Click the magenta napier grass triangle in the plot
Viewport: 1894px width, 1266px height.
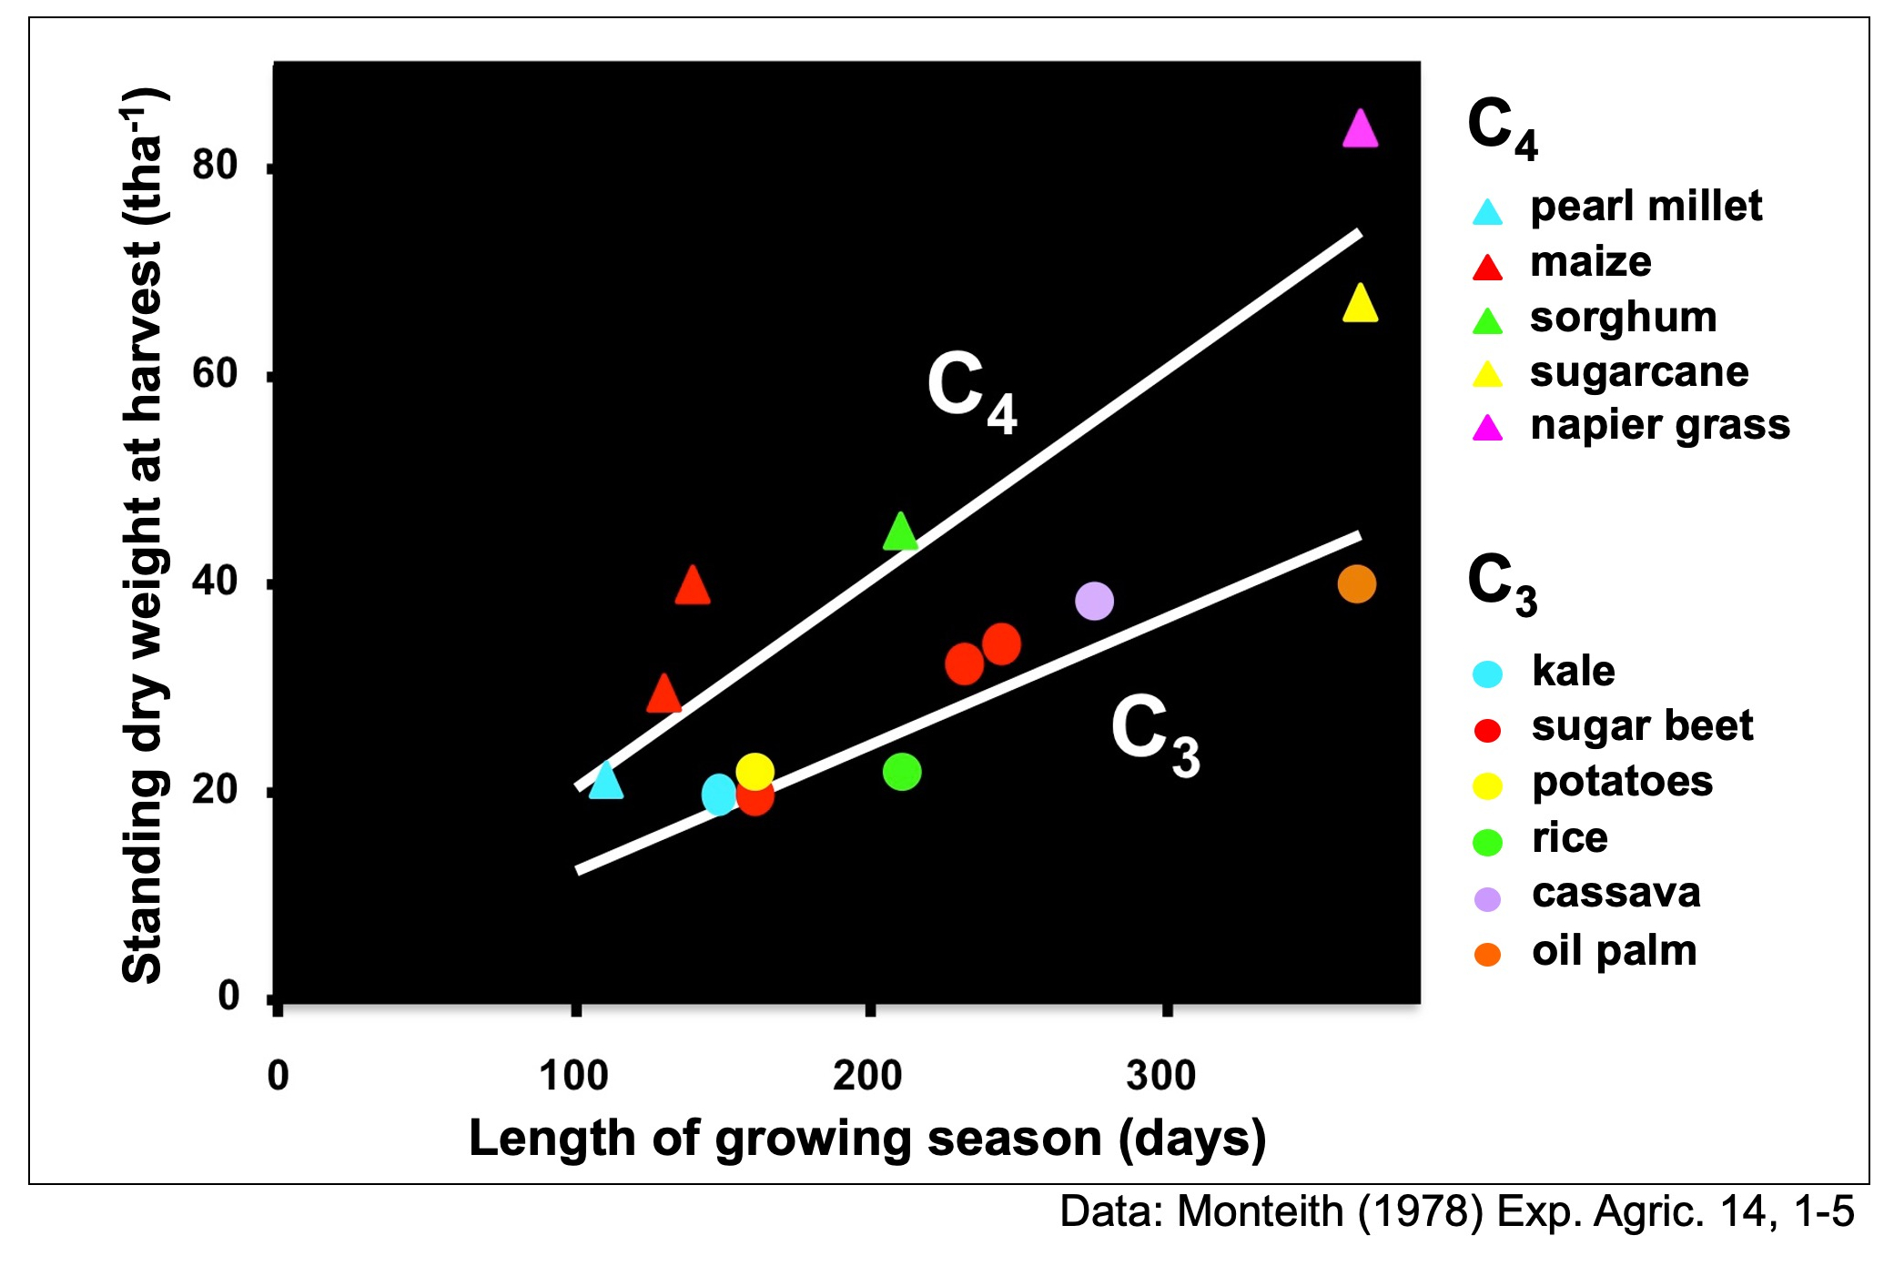[x=1360, y=130]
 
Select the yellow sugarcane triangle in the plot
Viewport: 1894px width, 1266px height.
[x=1360, y=305]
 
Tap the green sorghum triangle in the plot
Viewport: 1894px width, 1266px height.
[x=900, y=533]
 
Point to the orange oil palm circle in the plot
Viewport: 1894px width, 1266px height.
[x=1356, y=583]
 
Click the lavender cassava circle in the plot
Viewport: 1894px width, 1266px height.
[x=1094, y=601]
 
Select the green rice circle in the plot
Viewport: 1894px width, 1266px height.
[x=902, y=772]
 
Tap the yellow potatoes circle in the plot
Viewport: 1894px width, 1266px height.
[x=755, y=772]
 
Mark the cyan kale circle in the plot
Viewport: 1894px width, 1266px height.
[x=719, y=795]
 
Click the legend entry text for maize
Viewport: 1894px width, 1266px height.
[x=1590, y=262]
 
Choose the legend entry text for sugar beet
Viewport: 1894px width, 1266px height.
[x=1642, y=726]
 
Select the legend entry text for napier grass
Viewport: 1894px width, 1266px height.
[x=1660, y=425]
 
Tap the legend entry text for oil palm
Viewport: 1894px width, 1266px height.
[x=1614, y=951]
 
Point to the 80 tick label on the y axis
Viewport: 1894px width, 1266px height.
[x=215, y=166]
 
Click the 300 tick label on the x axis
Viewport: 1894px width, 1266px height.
[x=1160, y=1076]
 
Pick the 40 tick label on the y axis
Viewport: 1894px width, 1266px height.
[x=215, y=582]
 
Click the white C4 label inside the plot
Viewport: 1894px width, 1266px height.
[x=971, y=391]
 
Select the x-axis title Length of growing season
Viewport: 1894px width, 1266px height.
[x=866, y=1139]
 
